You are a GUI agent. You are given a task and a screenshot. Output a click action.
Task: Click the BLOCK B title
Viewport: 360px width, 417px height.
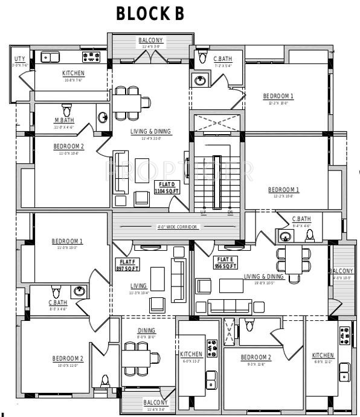tap(150, 14)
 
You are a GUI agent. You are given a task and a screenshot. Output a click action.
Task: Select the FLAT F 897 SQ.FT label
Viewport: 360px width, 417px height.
tap(127, 264)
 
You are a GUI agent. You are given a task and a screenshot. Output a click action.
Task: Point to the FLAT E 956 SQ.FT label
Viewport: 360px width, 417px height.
tap(225, 262)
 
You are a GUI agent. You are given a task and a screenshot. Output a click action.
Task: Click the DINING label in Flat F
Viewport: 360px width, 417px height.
tap(146, 331)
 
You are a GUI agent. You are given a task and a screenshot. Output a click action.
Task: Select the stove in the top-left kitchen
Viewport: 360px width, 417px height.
tap(91, 57)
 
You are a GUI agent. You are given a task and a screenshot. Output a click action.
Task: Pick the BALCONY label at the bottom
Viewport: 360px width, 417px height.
tap(155, 402)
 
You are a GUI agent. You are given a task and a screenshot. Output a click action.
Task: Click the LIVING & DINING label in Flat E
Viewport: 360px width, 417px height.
tap(264, 276)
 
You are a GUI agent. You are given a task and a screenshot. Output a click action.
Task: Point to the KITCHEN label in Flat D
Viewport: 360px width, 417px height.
tap(74, 74)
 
